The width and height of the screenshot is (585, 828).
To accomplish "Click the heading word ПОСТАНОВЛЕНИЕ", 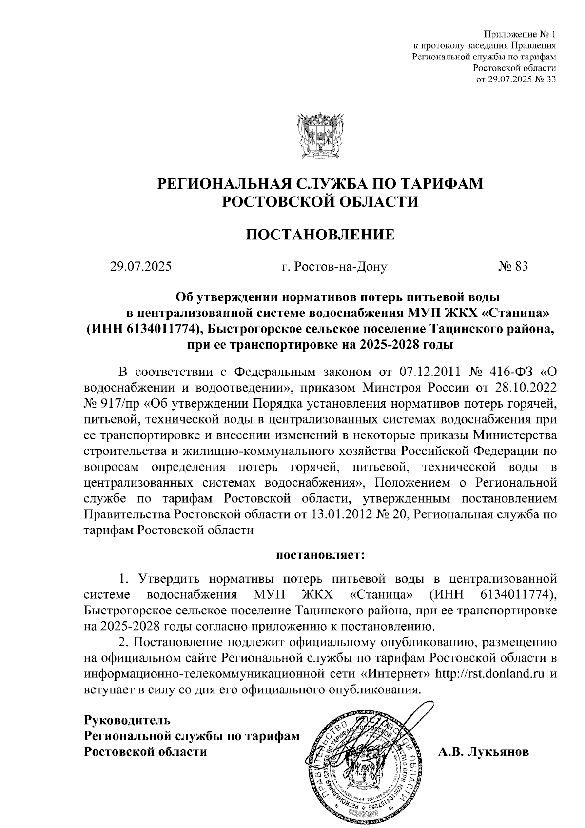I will click(x=320, y=235).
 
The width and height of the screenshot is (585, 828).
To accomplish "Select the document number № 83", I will click(x=513, y=266).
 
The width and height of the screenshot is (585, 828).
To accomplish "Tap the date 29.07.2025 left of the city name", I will click(x=140, y=266).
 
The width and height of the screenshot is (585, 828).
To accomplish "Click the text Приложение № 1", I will click(x=520, y=34).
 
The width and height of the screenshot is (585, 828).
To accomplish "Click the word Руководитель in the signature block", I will click(x=127, y=720).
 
